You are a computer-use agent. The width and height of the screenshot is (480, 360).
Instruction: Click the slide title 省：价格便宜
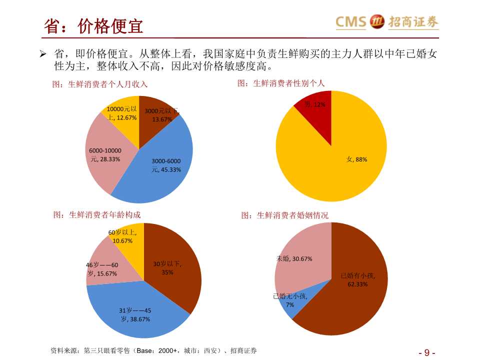(x=93, y=25)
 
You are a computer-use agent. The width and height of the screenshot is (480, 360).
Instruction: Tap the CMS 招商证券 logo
(x=386, y=22)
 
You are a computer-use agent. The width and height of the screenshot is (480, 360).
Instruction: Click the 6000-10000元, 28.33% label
(x=105, y=155)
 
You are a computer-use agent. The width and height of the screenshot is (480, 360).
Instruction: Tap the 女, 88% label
(x=357, y=159)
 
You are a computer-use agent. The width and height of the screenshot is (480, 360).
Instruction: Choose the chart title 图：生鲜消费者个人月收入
(x=100, y=84)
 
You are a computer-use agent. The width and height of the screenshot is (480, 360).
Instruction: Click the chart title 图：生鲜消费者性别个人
(x=281, y=83)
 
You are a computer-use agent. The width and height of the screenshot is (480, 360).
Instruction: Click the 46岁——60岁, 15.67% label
(x=102, y=269)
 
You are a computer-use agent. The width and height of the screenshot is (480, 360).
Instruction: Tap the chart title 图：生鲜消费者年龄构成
(x=97, y=214)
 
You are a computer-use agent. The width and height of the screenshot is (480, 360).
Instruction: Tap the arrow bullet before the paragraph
(x=43, y=53)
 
